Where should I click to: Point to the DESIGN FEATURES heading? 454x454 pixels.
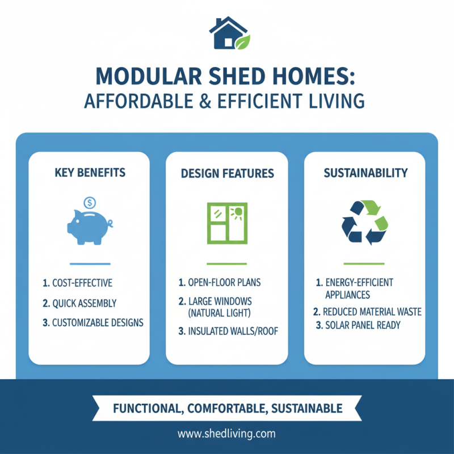(227, 173)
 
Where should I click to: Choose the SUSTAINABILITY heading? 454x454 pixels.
(365, 172)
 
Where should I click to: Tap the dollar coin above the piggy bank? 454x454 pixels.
(89, 202)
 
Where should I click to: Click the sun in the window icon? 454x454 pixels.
(237, 213)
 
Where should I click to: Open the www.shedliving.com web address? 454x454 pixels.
(226, 434)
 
